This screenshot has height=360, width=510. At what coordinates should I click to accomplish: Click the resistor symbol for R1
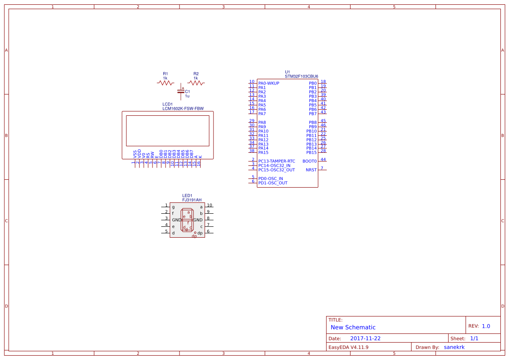tap(165, 83)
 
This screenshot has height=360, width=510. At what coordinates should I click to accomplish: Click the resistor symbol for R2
tap(196, 83)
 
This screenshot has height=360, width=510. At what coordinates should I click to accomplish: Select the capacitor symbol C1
tap(181, 91)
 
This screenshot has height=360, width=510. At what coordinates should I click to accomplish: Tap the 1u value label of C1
tap(187, 96)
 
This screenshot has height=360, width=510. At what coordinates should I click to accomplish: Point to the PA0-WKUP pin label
tap(269, 83)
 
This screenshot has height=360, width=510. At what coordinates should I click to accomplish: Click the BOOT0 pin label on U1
tap(310, 161)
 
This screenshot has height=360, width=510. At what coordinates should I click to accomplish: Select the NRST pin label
tap(311, 170)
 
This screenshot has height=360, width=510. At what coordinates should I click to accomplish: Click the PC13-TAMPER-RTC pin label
tap(277, 161)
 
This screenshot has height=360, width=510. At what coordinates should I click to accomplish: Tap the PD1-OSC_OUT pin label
tap(273, 183)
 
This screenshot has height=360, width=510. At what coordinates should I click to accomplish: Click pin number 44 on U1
tap(323, 159)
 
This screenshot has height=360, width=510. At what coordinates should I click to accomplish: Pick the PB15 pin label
tap(311, 152)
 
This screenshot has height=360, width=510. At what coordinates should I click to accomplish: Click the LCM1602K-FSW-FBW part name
tap(183, 108)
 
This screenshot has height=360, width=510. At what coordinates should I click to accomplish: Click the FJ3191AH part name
tap(192, 200)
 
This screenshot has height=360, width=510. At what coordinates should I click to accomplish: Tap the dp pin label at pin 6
tap(200, 233)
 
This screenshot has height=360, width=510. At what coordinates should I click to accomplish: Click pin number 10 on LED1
tap(209, 205)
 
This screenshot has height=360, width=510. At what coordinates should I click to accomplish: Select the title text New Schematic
tap(353, 327)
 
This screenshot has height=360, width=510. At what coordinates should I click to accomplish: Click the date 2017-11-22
tap(365, 338)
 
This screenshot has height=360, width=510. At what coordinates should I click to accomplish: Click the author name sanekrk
tap(454, 347)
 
